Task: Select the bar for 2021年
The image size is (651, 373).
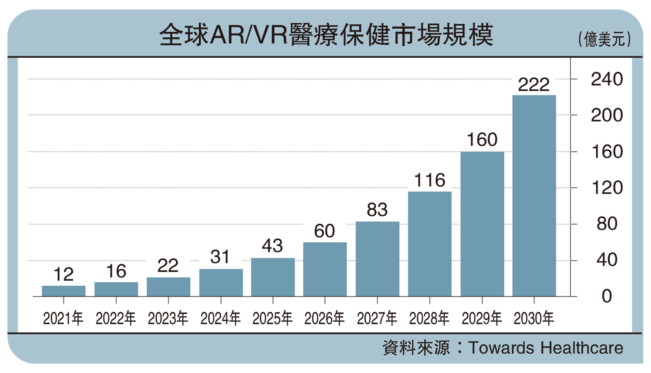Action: [x=63, y=291]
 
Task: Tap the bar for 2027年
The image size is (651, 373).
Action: [x=377, y=259]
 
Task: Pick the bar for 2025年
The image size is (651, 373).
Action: [x=273, y=277]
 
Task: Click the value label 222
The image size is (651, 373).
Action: [x=534, y=85]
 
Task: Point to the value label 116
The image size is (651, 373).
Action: [x=430, y=180]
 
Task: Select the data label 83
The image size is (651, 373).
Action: [x=377, y=210]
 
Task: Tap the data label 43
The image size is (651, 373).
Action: [x=273, y=246]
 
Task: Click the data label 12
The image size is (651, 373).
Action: [x=63, y=274]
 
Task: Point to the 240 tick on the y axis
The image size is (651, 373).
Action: [x=607, y=79]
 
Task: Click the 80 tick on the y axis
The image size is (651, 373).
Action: [x=607, y=224]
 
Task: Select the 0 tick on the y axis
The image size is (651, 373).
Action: [x=607, y=296]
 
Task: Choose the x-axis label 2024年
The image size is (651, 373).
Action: [x=220, y=319]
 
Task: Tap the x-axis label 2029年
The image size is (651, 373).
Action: [x=482, y=319]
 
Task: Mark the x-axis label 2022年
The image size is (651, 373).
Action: [x=116, y=319]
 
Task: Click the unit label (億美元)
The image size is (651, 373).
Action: [x=605, y=40]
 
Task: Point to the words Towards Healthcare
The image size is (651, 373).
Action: [x=546, y=348]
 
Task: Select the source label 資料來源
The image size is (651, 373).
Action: [x=416, y=348]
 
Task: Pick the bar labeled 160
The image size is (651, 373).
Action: [x=482, y=224]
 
